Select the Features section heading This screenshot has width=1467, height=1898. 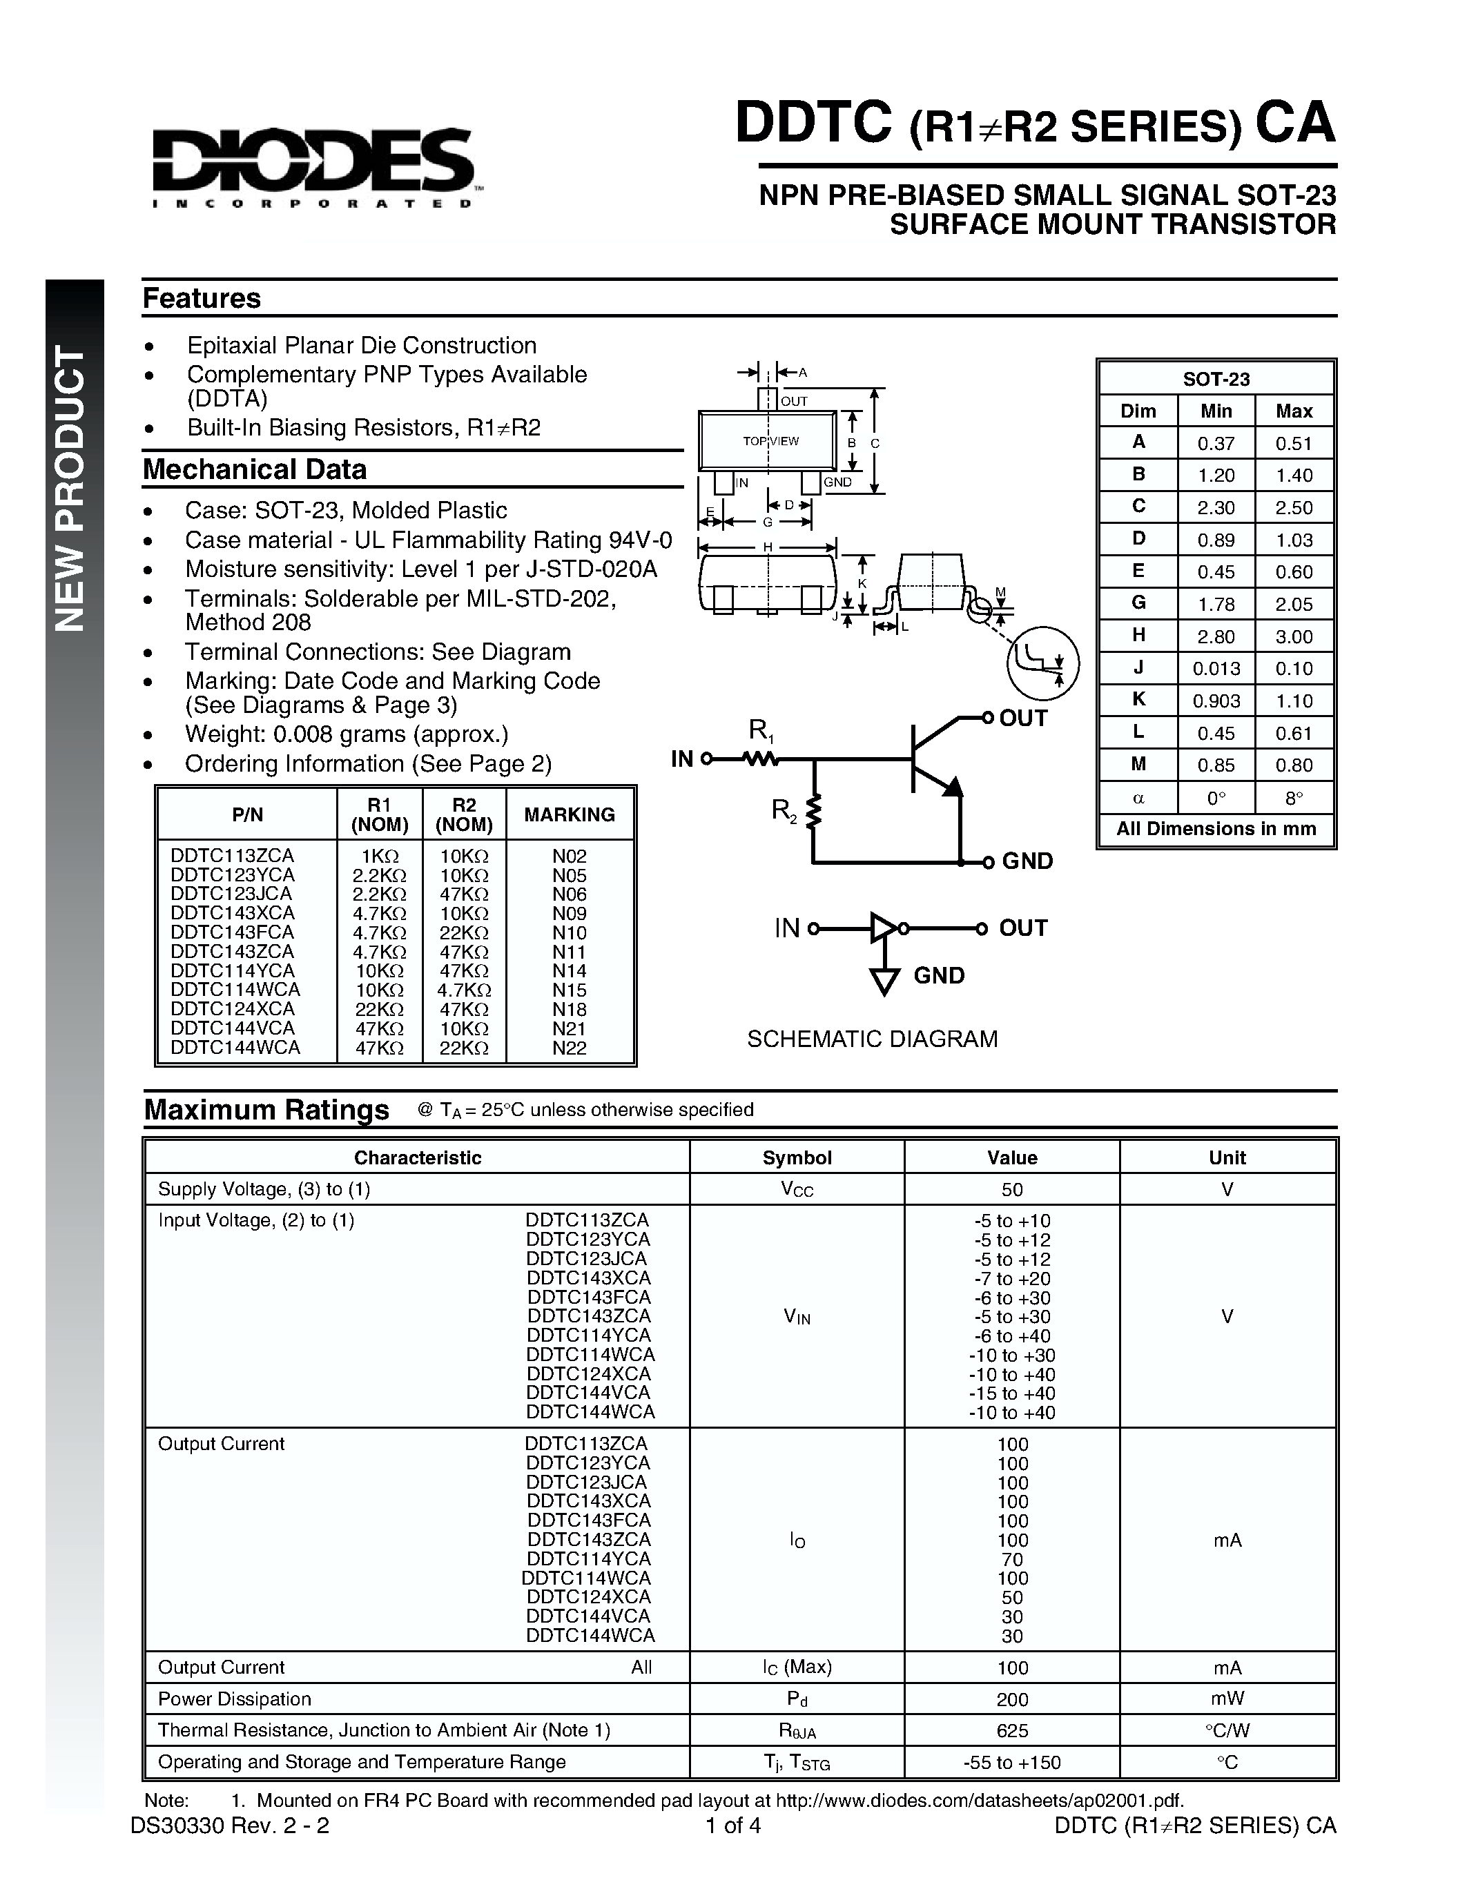202,298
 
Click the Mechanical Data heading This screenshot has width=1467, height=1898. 255,469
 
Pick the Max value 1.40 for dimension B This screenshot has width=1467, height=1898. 1293,476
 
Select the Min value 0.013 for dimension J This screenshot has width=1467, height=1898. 1215,668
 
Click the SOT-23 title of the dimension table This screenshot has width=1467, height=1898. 1216,379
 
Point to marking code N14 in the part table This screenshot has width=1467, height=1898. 570,970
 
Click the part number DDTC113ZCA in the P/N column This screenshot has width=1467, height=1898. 233,855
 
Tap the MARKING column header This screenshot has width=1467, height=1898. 570,814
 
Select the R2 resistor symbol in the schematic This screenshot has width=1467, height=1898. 813,812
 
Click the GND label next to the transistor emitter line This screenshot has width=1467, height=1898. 1027,861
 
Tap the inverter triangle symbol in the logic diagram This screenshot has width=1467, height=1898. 883,928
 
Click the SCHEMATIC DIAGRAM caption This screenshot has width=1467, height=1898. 872,1039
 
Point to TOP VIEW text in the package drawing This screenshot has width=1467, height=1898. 770,440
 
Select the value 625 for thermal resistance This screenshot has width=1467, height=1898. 1011,1730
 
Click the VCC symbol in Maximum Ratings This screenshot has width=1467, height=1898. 796,1190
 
